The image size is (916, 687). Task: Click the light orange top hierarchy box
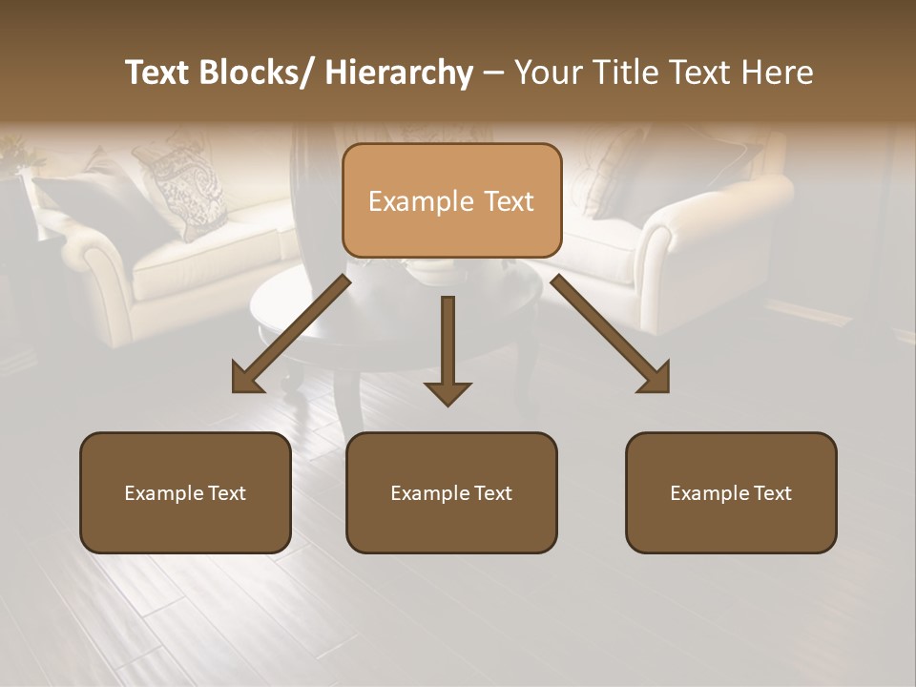tap(451, 200)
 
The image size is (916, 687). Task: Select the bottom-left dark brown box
tap(185, 492)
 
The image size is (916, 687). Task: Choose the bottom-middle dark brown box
tap(451, 492)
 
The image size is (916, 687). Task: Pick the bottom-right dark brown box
tap(731, 492)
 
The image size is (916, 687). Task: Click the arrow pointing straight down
tap(448, 343)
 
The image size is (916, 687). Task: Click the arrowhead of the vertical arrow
tap(448, 393)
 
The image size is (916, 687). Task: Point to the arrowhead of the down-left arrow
tap(247, 379)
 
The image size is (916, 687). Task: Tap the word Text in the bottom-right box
tap(771, 493)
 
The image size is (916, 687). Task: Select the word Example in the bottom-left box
tap(164, 493)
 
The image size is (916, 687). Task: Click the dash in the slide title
tap(493, 73)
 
